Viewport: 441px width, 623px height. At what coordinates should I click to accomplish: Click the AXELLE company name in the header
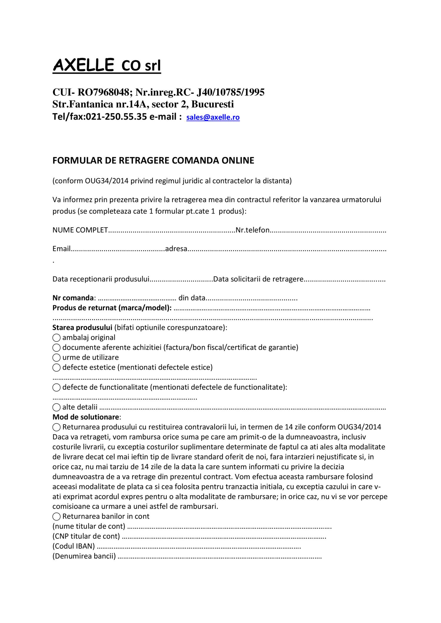tap(83, 65)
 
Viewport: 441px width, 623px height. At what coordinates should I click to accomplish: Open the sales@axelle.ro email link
tap(213, 117)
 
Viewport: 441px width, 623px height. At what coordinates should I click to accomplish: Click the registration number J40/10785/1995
tap(230, 93)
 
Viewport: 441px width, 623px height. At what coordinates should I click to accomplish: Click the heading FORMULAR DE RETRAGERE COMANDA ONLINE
tap(153, 161)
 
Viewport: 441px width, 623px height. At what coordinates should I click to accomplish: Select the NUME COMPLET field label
tap(80, 230)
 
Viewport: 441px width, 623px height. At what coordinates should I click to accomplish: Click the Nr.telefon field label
tap(253, 230)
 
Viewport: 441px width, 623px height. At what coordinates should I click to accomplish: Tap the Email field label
tap(61, 249)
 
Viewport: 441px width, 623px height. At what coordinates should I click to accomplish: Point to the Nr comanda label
tap(73, 298)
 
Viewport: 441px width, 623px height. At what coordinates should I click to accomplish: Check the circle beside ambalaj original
tap(56, 338)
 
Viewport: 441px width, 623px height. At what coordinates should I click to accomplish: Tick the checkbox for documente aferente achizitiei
tap(56, 348)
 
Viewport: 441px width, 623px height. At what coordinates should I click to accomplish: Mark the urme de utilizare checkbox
tap(56, 358)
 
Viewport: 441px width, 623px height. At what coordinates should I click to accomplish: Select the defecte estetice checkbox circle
tap(56, 367)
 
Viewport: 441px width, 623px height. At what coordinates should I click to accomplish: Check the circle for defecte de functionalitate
tap(56, 387)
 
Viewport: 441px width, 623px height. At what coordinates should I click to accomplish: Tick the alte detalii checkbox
tap(56, 407)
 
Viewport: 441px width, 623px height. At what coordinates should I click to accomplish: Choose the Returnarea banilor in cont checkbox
tap(56, 517)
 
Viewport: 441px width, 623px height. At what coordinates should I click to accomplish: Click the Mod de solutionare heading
tap(86, 417)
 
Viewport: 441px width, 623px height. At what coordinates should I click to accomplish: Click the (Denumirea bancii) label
tap(84, 556)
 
